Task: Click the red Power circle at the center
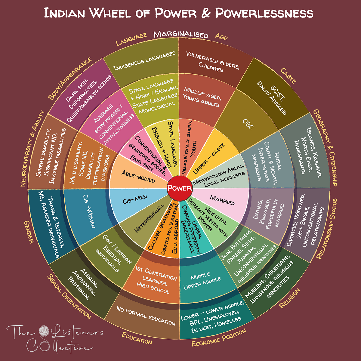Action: point(180,188)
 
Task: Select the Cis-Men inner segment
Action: point(139,202)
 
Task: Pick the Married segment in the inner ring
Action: point(222,202)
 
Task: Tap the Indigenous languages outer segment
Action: point(144,61)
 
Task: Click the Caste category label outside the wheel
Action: point(288,76)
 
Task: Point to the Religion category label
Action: point(289,299)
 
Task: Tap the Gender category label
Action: point(29,232)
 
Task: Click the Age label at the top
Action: point(221,36)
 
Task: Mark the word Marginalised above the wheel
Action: point(181,35)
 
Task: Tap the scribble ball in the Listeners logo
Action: point(44,331)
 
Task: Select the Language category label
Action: point(131,39)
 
